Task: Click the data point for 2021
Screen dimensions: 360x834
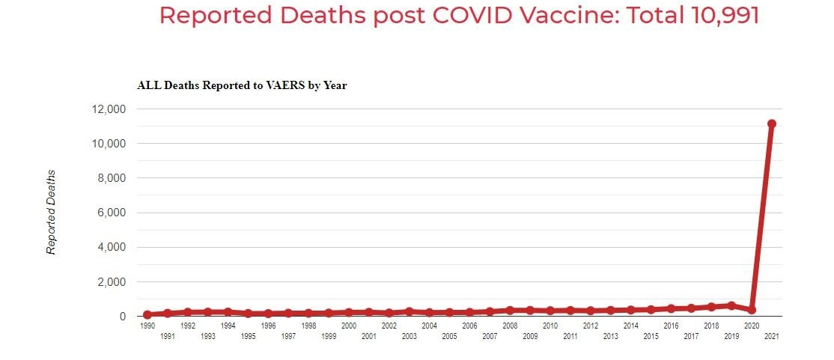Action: point(771,123)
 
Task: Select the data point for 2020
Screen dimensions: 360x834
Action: point(751,310)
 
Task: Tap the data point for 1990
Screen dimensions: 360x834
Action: point(147,314)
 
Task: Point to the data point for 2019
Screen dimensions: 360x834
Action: point(731,305)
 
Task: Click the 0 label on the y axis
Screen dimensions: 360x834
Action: point(122,317)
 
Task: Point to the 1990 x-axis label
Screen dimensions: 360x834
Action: point(147,326)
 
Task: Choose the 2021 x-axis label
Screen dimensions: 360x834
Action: point(771,337)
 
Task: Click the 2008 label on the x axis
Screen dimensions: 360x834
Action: point(510,326)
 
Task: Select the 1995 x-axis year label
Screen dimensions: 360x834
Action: point(248,337)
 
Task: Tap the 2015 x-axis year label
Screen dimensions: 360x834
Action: point(651,337)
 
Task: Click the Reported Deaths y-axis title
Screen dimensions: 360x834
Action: point(52,212)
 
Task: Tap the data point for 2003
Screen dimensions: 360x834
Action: point(409,311)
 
